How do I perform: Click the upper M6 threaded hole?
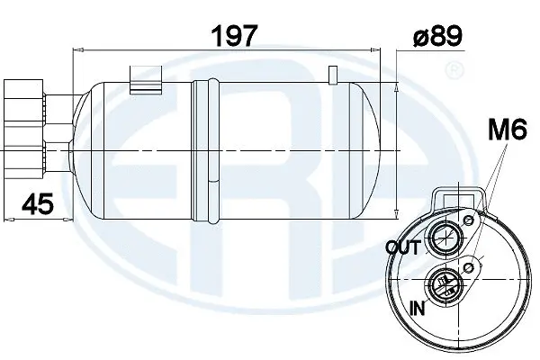(x=468, y=220)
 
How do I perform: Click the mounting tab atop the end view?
(x=459, y=196)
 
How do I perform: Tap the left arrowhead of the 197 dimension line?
(x=76, y=55)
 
